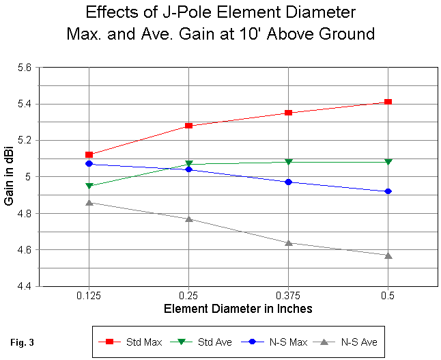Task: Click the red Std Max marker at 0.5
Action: pos(388,102)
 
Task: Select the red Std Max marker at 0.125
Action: pos(89,154)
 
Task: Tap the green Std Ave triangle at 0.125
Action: pos(89,186)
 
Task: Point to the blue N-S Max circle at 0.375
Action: pos(288,182)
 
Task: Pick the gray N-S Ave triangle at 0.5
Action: pos(388,255)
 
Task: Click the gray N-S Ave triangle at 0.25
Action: pos(188,219)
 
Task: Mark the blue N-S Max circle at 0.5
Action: pos(388,191)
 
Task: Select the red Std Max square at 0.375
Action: pos(288,113)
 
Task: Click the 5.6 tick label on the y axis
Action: pos(25,68)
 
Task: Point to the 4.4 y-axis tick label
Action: pos(25,286)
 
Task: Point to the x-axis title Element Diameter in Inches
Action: pos(238,309)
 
